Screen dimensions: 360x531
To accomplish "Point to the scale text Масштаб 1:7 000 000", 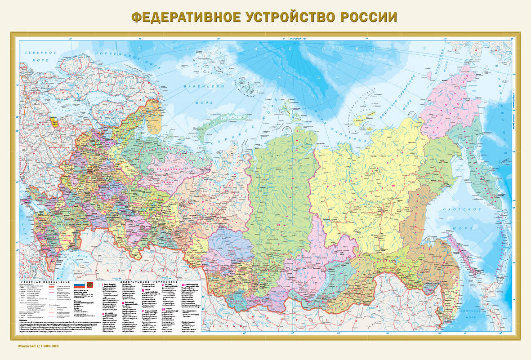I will [x=39, y=346].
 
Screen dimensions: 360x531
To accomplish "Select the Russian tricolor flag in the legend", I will [x=79, y=285].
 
